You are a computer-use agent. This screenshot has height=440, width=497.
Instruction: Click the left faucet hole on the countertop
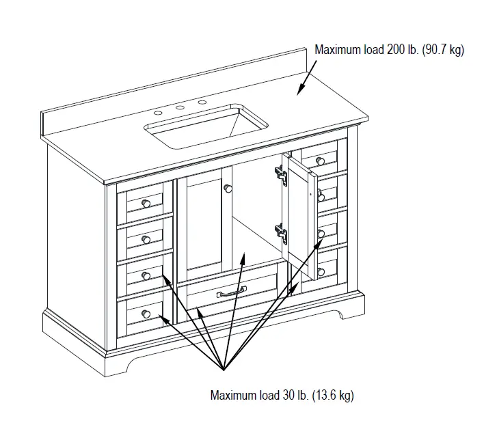pos(158,112)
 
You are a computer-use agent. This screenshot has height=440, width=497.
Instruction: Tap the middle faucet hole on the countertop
pos(180,107)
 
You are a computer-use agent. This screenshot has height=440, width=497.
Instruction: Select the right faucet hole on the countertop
pos(202,102)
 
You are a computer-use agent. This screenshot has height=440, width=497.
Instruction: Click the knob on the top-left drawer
pos(145,203)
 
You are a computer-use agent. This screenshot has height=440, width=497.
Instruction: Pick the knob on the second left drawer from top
pos(145,238)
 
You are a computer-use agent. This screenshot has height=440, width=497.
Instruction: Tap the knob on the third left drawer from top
pos(145,275)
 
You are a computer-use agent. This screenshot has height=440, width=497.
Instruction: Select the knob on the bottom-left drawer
pos(145,312)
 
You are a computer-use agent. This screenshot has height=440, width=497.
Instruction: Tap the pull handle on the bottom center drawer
pos(232,293)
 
